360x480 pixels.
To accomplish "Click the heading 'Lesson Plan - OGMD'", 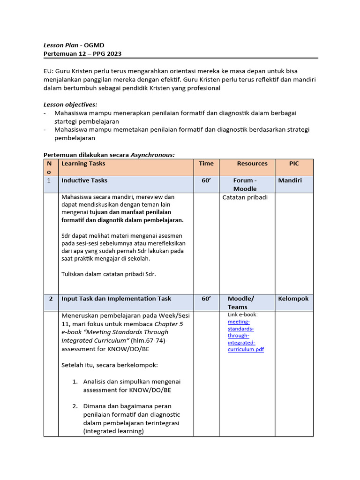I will (x=74, y=45).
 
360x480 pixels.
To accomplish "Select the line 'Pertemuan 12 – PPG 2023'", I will (x=82, y=53).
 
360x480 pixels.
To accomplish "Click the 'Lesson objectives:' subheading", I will (x=70, y=105).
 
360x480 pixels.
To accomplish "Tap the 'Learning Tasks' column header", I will (x=83, y=164).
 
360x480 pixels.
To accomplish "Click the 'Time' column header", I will (x=206, y=164).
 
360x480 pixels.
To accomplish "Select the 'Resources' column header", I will (x=252, y=164).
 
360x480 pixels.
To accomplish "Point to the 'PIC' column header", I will (x=293, y=164).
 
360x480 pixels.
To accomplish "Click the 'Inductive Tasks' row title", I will (x=84, y=180).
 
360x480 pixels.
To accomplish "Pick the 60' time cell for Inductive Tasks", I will (x=206, y=180).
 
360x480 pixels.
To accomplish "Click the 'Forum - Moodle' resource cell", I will (x=245, y=185).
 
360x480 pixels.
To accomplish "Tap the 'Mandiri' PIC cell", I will (x=290, y=180).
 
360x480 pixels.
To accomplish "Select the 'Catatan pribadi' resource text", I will (x=245, y=197).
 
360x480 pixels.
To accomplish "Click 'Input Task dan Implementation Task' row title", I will (x=116, y=299).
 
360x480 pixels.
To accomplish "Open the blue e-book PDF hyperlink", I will (x=245, y=336).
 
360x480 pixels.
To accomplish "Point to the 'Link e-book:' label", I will (x=242, y=315).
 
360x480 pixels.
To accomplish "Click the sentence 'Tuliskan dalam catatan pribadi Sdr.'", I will (x=108, y=274).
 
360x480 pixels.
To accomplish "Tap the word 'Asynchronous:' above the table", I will (x=152, y=155).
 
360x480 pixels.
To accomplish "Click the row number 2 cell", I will (x=50, y=299).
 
